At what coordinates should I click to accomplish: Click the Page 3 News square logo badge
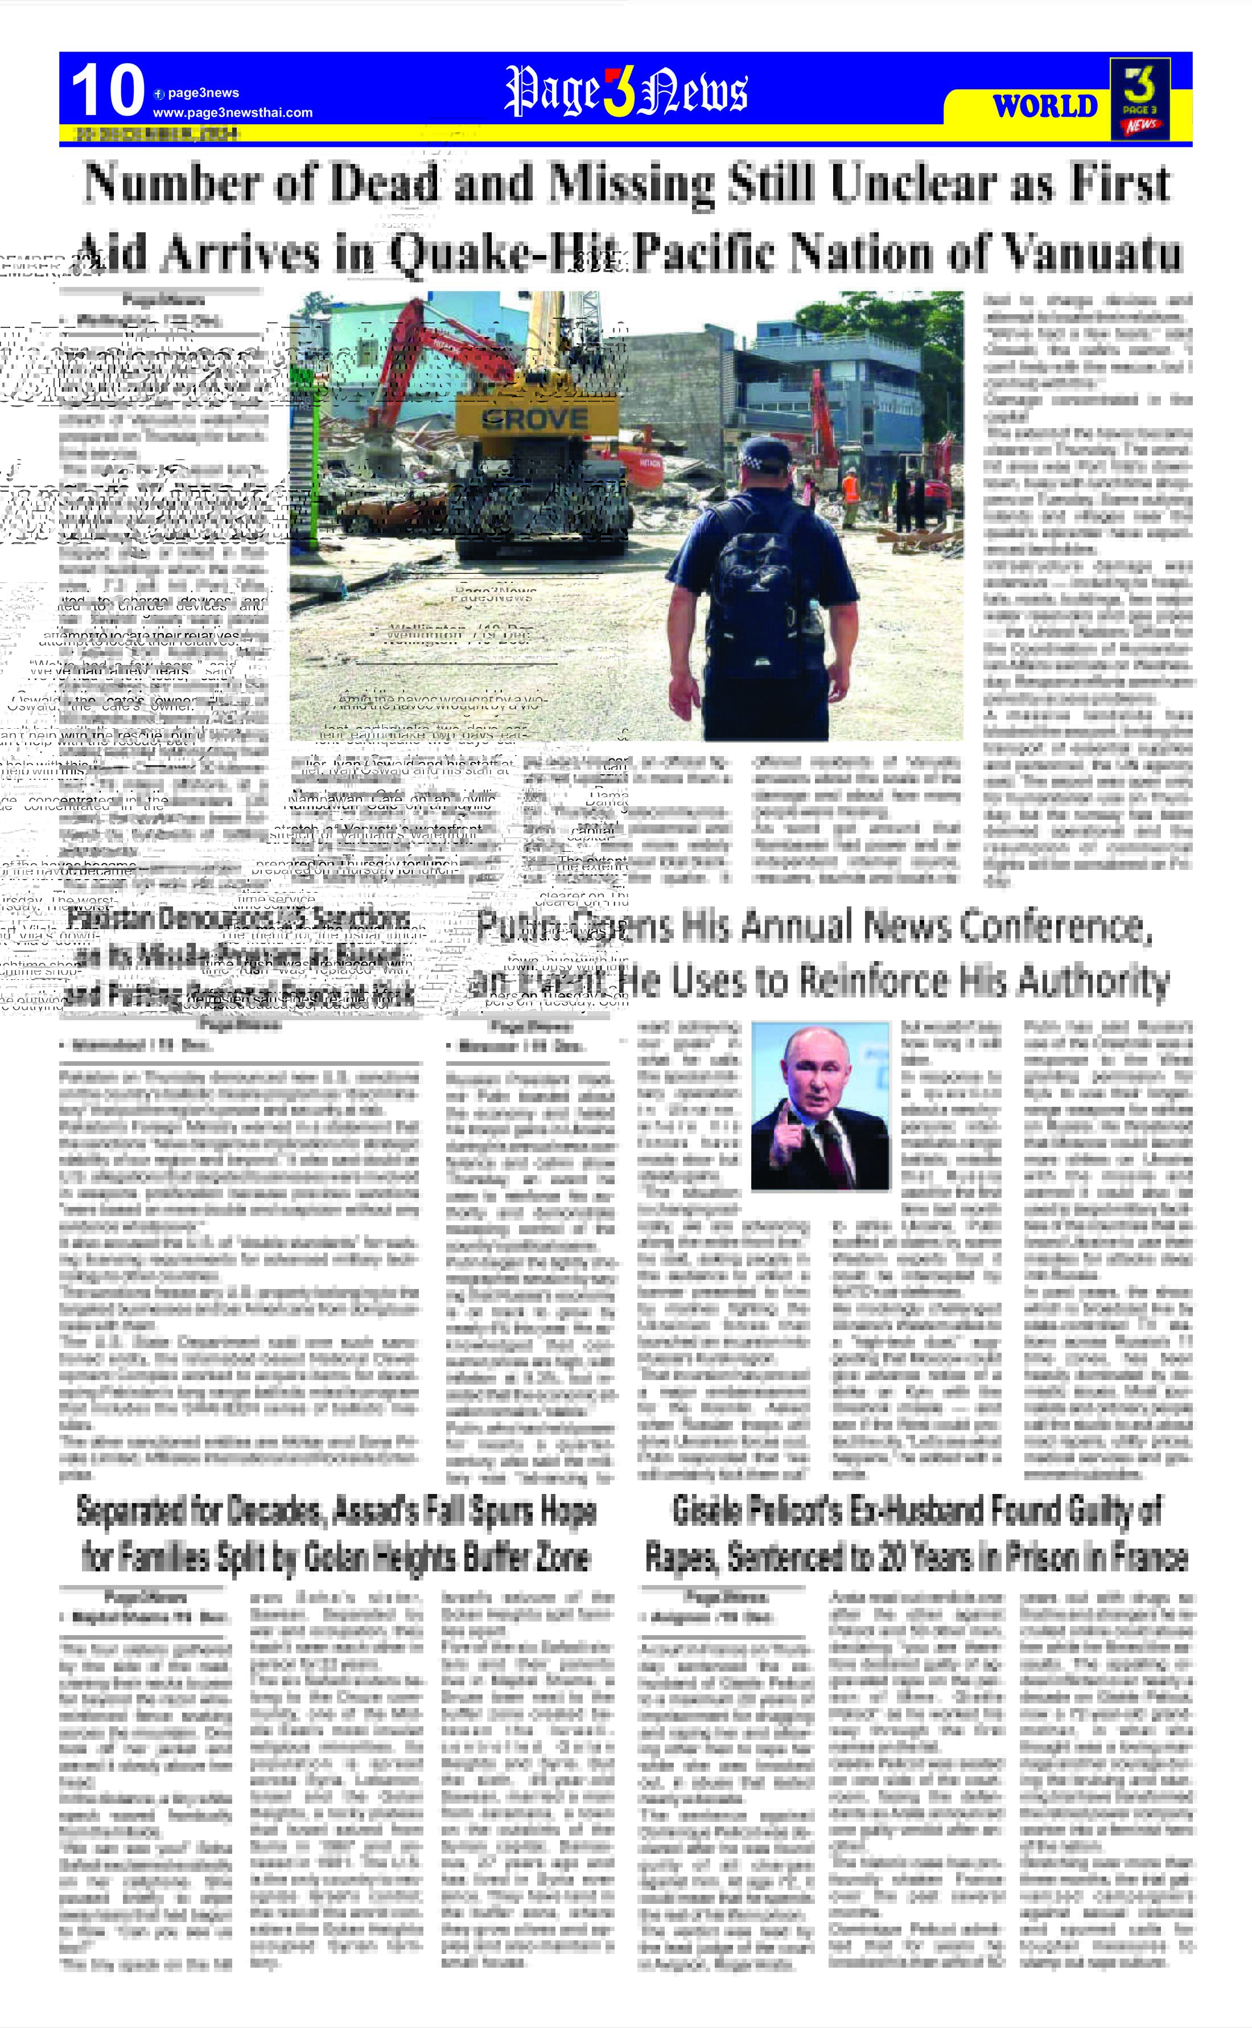[x=1140, y=98]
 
